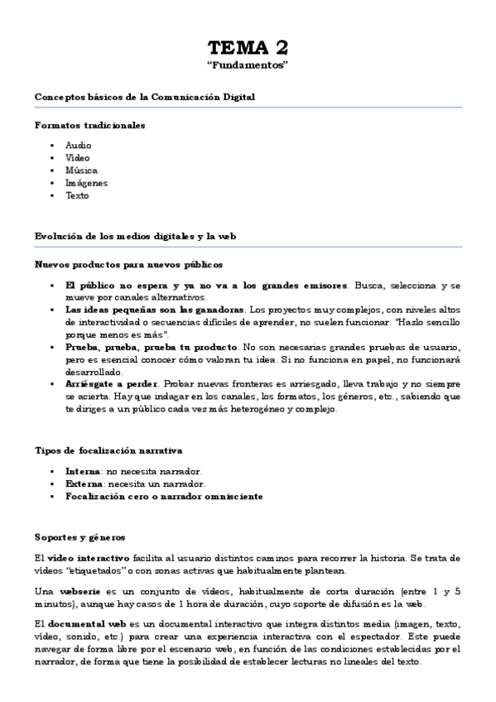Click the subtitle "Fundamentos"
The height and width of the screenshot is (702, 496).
(x=248, y=64)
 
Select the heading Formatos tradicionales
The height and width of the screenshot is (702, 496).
(x=90, y=125)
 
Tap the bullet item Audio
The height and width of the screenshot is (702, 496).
(x=78, y=145)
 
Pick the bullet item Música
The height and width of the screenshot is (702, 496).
(x=81, y=171)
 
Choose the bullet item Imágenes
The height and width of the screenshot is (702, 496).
(x=86, y=183)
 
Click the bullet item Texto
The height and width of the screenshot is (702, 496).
(x=77, y=195)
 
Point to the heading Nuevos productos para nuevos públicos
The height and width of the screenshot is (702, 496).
(x=128, y=265)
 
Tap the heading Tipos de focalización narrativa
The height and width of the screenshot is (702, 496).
(x=108, y=450)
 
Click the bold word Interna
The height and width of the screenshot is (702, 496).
(x=83, y=470)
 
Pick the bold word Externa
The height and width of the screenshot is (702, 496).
(x=84, y=483)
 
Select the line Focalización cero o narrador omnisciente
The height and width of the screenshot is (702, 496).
(x=164, y=496)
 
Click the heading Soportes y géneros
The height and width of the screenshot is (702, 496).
(x=79, y=536)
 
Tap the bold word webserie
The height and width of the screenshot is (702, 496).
(x=80, y=592)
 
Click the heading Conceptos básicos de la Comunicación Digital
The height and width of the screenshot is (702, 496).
(x=145, y=97)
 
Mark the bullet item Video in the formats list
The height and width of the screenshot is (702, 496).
(x=78, y=157)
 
